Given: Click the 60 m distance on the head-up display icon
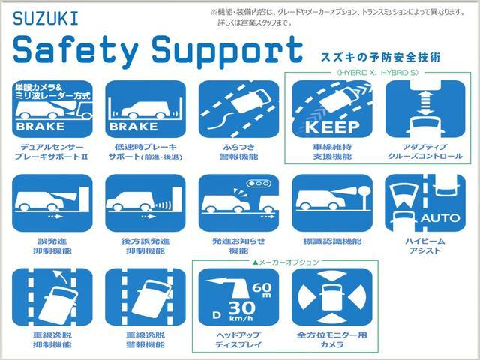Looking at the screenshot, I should (262, 288).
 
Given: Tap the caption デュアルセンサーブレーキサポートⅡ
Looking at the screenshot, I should (52, 151).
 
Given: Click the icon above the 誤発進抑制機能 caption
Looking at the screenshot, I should (52, 203).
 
